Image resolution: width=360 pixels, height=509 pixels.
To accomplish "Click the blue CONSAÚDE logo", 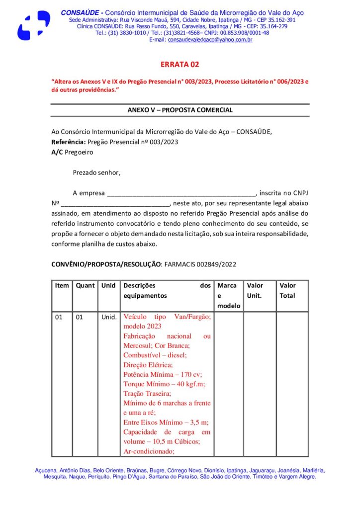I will [34, 25].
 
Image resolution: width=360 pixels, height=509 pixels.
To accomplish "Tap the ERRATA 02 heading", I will [180, 65].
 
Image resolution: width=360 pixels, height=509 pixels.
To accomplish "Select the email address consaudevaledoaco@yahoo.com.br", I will [210, 40].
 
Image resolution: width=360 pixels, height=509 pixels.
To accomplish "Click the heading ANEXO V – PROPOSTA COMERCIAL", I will [180, 110].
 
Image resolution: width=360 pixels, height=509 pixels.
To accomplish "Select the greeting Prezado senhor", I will [96, 173].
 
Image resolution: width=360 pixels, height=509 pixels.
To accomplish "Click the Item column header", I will [62, 286].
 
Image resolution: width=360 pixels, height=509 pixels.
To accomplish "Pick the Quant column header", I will [85, 286].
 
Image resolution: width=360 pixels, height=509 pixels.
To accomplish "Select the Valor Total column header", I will [287, 291].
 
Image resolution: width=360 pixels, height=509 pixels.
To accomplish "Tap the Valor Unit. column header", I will [255, 291].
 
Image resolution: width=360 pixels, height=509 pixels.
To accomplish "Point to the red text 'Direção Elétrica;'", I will [148, 365].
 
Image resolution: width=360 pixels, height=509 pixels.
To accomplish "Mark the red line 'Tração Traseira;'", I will [147, 393].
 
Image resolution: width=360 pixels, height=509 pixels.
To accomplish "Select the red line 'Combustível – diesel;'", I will [155, 355].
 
